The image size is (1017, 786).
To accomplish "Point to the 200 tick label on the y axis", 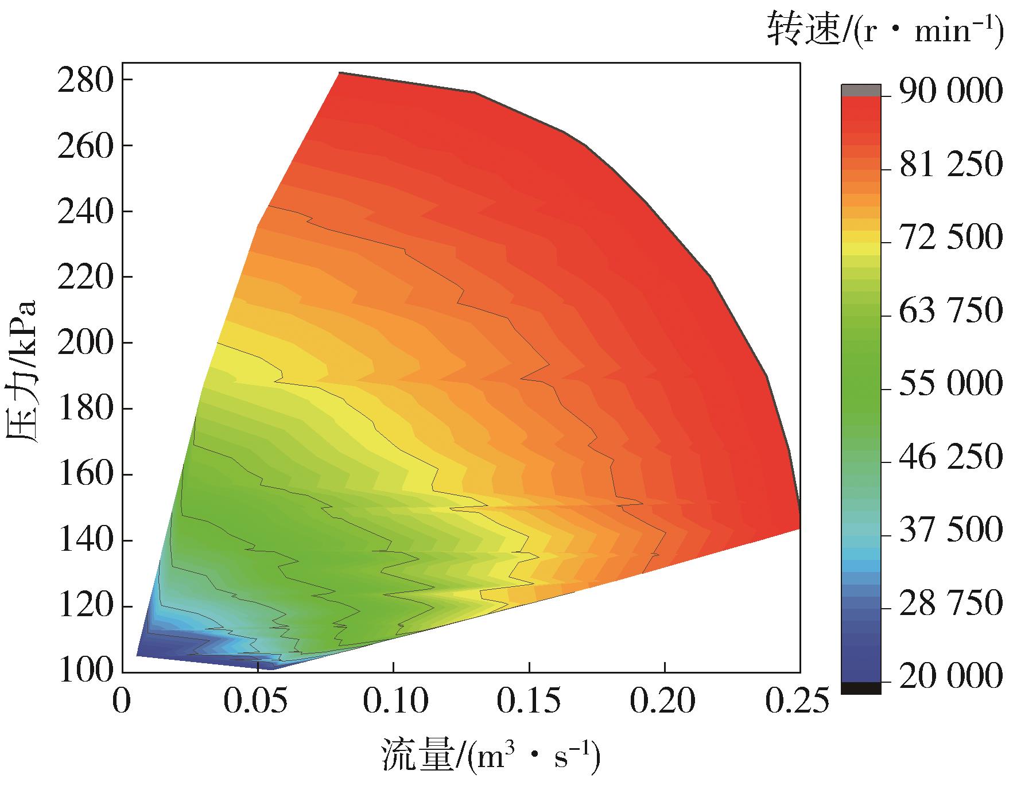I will coord(86,344).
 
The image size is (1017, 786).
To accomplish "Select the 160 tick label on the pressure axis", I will coord(86,475).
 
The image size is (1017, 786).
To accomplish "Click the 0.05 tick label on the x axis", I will coord(258,701).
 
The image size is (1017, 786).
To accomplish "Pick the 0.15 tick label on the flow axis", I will coord(529,701).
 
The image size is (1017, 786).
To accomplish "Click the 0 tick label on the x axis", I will coord(122,701).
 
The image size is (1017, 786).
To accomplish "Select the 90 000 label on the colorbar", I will coord(950,92).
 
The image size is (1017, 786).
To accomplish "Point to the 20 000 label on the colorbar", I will coord(950,677).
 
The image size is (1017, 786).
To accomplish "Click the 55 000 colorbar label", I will coord(950,384).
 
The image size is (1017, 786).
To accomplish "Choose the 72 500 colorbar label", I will coord(950,238).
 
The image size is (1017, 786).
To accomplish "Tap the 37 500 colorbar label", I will coord(950,530).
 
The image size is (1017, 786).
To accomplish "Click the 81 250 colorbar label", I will coord(950,165).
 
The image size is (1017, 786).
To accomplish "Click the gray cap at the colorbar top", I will coord(861,90).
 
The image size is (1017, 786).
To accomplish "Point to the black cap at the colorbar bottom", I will coord(861,688).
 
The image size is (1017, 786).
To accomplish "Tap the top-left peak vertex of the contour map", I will coord(340,73).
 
